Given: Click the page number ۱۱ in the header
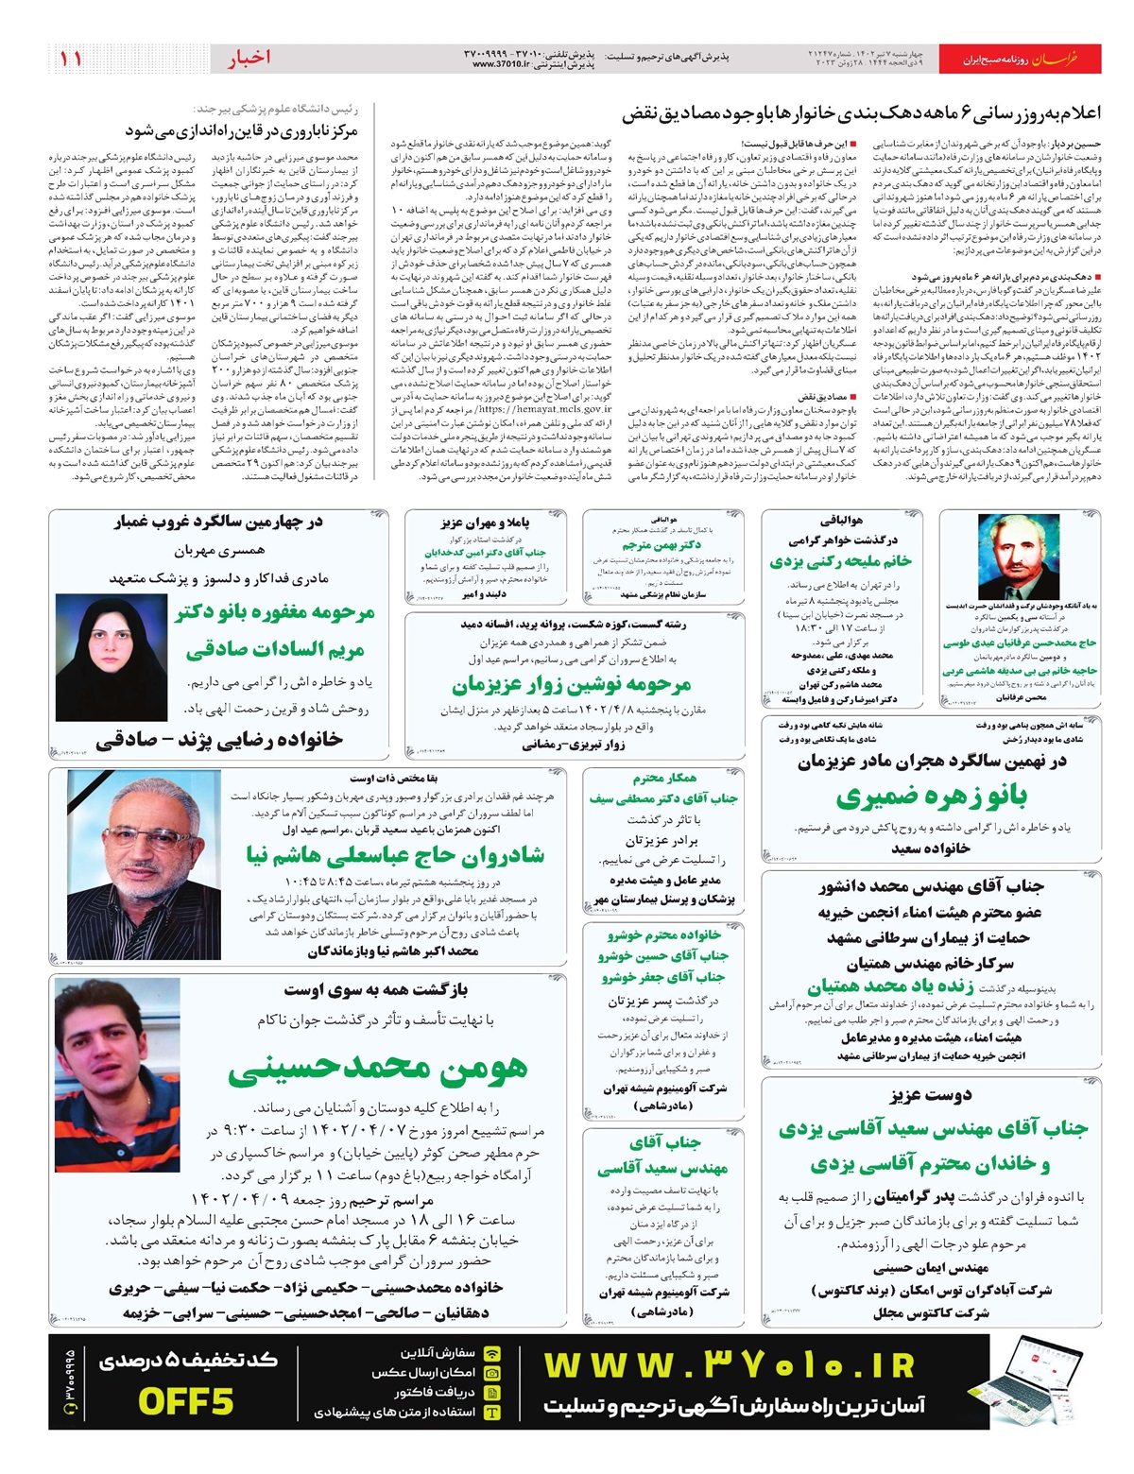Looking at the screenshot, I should pyautogui.click(x=70, y=59).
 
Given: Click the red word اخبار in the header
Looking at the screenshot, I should pyautogui.click(x=249, y=58).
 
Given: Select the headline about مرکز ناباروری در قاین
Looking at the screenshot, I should pyautogui.click(x=254, y=129).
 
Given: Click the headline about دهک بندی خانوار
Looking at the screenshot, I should pyautogui.click(x=861, y=114).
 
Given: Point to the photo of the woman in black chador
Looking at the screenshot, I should pyautogui.click(x=112, y=658).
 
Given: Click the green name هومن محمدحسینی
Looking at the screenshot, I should pyautogui.click(x=377, y=1068).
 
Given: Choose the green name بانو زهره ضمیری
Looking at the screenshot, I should pyautogui.click(x=931, y=797).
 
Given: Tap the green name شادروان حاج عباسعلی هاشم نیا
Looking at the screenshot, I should pyautogui.click(x=394, y=855).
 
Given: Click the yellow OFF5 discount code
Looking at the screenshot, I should pyautogui.click(x=185, y=1400).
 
